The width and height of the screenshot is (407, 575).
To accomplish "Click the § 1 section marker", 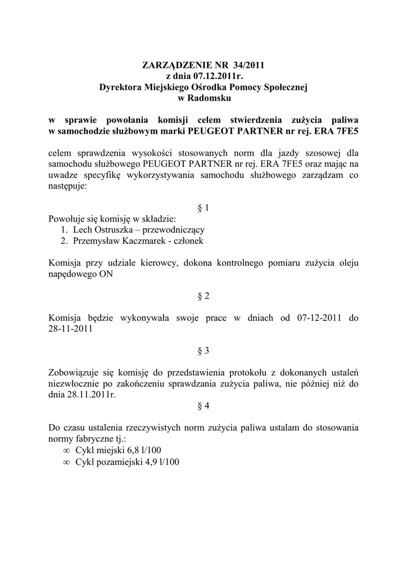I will (x=203, y=208).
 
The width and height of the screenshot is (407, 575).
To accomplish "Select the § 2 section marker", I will (x=203, y=295).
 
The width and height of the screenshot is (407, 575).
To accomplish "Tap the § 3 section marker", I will (x=203, y=350).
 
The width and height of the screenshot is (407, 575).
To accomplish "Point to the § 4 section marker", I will (x=203, y=405).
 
